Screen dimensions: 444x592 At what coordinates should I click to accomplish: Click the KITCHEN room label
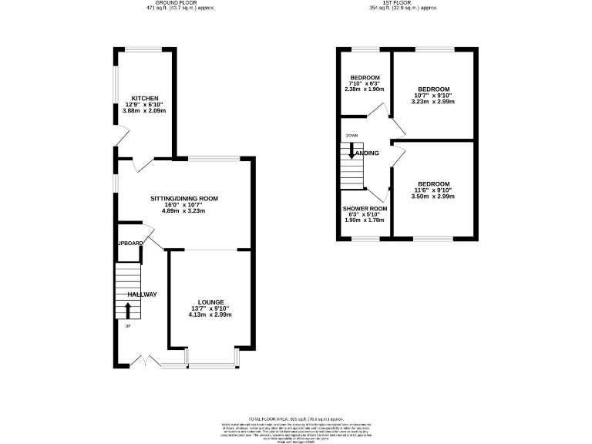click(x=145, y=99)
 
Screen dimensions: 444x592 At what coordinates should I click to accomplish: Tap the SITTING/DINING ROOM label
click(x=184, y=198)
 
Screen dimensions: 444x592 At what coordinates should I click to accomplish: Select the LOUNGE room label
click(x=210, y=301)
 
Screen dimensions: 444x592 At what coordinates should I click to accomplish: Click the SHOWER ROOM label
click(x=365, y=209)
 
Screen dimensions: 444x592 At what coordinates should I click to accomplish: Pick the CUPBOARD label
click(x=130, y=244)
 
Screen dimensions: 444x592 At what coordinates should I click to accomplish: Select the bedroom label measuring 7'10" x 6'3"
click(x=365, y=78)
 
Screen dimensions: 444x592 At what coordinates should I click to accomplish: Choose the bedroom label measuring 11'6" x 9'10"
click(x=432, y=183)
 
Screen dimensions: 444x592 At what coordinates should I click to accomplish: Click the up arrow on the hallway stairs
click(x=128, y=311)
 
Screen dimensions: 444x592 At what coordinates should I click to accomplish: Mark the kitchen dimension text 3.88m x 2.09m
click(x=145, y=111)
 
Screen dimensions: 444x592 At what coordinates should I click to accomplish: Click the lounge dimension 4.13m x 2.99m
click(x=210, y=314)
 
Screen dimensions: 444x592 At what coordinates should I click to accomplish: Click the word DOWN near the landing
click(x=351, y=136)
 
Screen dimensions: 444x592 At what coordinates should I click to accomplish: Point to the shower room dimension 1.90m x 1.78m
click(x=365, y=221)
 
